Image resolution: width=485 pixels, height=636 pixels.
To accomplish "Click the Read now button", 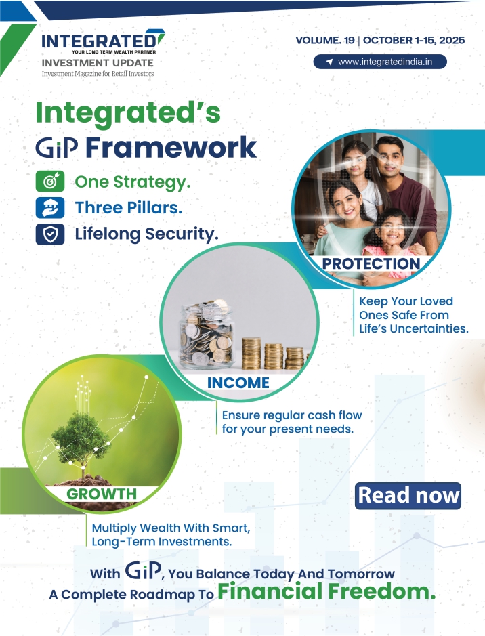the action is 408,496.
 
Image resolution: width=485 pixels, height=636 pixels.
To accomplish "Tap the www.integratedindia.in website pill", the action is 380,62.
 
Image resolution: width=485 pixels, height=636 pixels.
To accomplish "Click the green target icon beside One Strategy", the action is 50,182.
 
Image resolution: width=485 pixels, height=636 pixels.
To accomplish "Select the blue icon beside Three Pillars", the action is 50,208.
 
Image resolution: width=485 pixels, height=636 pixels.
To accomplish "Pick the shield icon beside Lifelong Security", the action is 50,234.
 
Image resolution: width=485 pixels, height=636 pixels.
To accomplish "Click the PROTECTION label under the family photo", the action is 371,263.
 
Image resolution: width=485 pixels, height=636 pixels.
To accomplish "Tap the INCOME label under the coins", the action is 238,383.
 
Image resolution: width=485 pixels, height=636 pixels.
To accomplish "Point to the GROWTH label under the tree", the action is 102,494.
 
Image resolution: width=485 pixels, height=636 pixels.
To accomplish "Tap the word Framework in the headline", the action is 171,147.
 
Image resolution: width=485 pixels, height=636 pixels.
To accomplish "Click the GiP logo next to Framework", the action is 57,148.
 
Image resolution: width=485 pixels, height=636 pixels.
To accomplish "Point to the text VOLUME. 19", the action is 325,40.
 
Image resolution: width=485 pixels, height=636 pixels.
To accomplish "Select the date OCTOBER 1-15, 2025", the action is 414,40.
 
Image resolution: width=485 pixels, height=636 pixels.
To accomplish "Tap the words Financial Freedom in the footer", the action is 326,591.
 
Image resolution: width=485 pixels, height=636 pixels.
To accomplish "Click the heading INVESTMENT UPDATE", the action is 98,63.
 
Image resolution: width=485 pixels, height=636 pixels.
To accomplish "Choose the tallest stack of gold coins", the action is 251,353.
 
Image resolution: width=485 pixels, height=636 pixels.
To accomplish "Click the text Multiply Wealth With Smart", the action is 171,528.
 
